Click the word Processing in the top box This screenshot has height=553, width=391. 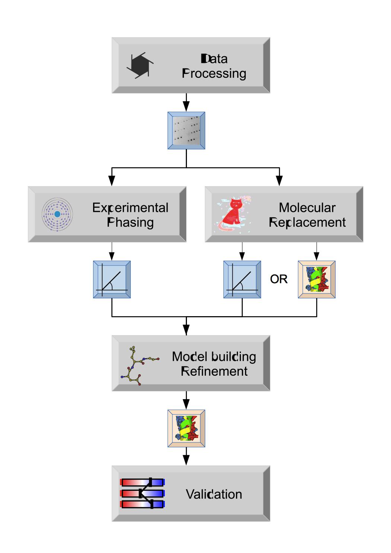[x=214, y=74]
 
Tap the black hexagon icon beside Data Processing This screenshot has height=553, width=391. [x=140, y=65]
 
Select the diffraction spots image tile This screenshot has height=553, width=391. [x=186, y=130]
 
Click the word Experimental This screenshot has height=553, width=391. [x=130, y=207]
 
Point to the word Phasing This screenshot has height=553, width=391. [x=130, y=222]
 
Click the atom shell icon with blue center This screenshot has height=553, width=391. [x=57, y=214]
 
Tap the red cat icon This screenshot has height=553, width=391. [x=233, y=214]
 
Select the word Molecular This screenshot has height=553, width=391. [x=307, y=207]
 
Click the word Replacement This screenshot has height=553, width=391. [x=307, y=222]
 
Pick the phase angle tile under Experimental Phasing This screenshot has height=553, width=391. [x=112, y=279]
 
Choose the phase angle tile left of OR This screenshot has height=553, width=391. [x=242, y=279]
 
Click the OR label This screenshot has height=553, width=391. [x=279, y=279]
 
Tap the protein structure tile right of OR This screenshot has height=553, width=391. [x=317, y=279]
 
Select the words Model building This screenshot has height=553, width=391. [x=214, y=356]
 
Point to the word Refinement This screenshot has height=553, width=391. [x=214, y=371]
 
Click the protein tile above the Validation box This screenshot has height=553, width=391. [x=186, y=428]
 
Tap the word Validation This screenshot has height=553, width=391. [x=214, y=494]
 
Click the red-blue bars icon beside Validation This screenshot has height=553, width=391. [x=142, y=493]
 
